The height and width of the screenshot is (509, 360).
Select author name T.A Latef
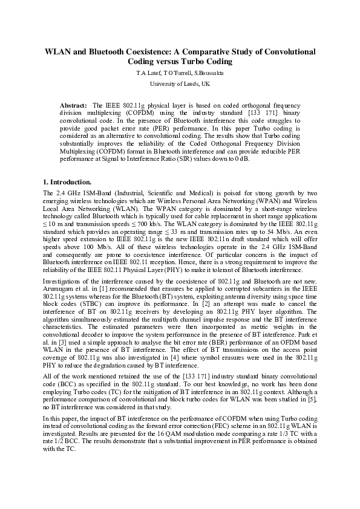(148, 73)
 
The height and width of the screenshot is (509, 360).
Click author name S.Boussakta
(207, 73)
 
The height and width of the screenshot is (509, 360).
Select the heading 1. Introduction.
(68, 181)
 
